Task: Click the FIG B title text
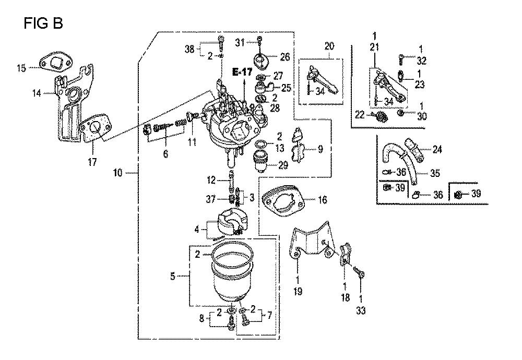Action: pos(43,23)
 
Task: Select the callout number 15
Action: pos(21,68)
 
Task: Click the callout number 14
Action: pos(37,93)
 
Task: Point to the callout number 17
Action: pos(92,162)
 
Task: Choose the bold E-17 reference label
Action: pos(242,72)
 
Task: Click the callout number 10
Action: pos(118,173)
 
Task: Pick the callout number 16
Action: pos(322,200)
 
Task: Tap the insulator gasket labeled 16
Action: pos(283,202)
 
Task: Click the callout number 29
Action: pos(283,165)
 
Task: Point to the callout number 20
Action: pos(329,46)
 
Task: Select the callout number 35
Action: pos(435,173)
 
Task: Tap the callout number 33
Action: pos(361,310)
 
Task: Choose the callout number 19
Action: pos(298,292)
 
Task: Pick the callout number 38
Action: pos(189,50)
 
